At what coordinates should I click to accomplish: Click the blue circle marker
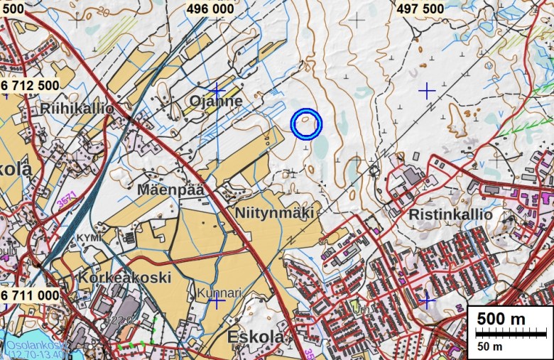pos(307,124)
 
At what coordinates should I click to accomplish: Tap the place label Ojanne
pos(216,102)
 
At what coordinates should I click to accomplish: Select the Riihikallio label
pos(77,109)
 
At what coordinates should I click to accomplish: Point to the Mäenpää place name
pos(171,190)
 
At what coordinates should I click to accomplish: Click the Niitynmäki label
pos(274,212)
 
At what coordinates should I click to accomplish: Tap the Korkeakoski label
pos(125,276)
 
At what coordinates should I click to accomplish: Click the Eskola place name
pos(256,337)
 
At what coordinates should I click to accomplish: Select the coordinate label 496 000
pos(211,8)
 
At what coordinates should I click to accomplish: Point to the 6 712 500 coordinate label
pos(30,85)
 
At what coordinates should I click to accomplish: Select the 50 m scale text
pos(489,347)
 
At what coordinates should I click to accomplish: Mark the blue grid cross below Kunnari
pos(217,302)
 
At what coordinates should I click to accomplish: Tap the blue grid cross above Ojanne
pos(217,92)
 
